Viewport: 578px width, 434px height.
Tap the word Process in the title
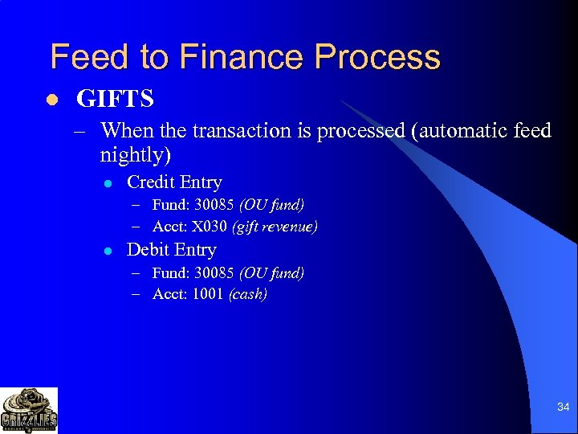coord(377,57)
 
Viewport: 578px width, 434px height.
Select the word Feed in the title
coord(88,57)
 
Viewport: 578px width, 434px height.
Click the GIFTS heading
coord(115,100)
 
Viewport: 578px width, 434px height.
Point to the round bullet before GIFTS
coord(52,100)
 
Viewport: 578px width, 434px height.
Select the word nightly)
coord(136,154)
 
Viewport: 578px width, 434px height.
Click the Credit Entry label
coord(174,182)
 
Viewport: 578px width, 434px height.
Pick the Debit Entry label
coord(171,250)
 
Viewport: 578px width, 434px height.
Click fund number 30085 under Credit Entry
coord(215,205)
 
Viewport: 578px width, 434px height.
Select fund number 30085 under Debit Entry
coord(215,272)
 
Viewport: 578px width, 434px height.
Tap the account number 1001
coord(208,294)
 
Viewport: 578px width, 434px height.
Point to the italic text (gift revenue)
coord(275,227)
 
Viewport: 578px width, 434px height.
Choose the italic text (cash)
coord(248,294)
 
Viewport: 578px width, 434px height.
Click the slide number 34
coord(563,407)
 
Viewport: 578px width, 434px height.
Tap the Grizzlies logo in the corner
coord(29,411)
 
